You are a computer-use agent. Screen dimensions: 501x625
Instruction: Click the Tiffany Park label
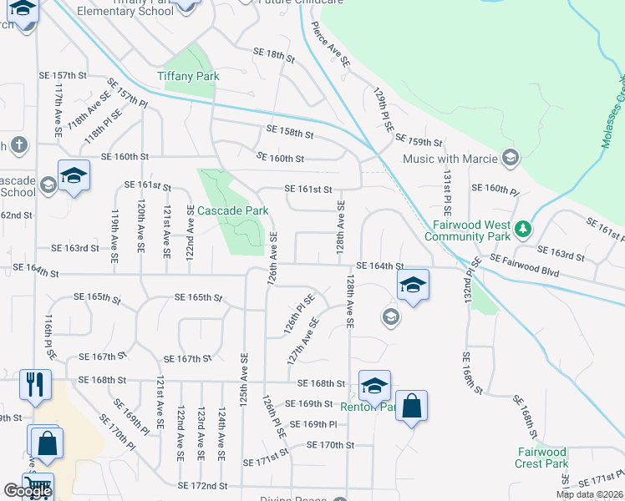tap(188, 76)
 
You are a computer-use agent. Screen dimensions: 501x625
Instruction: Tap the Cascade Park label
tap(232, 211)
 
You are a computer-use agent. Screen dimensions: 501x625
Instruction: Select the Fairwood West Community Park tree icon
tap(523, 228)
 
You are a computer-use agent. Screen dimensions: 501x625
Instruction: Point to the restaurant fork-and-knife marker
tap(35, 384)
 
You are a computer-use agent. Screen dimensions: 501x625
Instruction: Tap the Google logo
tap(28, 491)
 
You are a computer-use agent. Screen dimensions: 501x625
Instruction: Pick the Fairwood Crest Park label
tap(541, 458)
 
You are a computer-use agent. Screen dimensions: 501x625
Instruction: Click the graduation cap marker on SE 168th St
tap(375, 386)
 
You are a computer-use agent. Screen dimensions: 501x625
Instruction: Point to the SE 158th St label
tap(290, 132)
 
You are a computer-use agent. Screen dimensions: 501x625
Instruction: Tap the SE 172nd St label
tap(203, 485)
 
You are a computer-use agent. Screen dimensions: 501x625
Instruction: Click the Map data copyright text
tap(589, 494)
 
